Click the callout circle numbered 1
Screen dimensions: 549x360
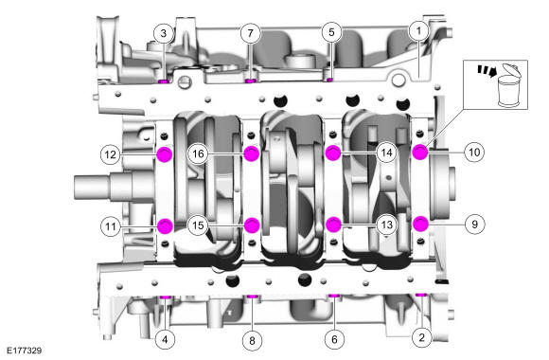coord(419,31)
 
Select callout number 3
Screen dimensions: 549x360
coord(164,34)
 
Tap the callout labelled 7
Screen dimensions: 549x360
coord(250,33)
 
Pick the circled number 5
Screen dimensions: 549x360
coord(331,32)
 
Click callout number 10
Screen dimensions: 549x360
coord(474,153)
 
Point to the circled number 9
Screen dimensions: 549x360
coord(475,224)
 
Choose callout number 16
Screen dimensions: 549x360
coord(198,153)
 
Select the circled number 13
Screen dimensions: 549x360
coord(386,225)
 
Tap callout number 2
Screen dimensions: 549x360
coord(421,337)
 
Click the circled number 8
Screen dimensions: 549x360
coord(252,340)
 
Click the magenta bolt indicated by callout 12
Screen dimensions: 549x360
coord(165,154)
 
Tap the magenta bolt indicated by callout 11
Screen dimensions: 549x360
coord(165,226)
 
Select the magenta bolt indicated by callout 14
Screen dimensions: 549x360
coord(333,153)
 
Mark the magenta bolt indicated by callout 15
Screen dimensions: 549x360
coord(252,225)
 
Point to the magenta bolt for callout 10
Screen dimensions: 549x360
coord(420,152)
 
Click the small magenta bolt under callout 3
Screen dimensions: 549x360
coord(164,81)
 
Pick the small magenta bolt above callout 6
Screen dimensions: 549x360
coord(334,297)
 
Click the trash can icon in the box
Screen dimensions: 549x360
coord(509,85)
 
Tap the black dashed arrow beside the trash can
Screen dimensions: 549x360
coord(487,70)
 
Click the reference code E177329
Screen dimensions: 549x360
coord(25,351)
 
